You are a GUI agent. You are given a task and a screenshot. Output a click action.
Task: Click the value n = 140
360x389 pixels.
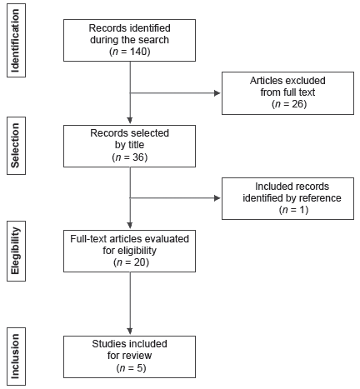click(x=129, y=52)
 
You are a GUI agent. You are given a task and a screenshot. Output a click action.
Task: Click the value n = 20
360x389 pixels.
click(x=129, y=262)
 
